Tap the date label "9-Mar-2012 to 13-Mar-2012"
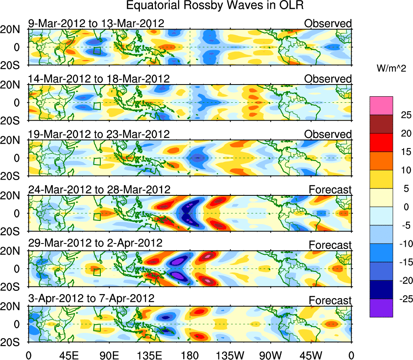pos(96,23)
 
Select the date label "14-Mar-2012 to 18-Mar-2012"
pos(99,78)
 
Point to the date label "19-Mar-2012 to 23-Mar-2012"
pos(99,134)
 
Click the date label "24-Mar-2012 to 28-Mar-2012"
pos(99,189)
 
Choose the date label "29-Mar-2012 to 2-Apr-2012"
pos(95,244)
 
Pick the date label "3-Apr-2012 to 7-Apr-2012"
pos(91,299)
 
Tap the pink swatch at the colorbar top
pos(381,106)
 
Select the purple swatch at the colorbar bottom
pos(381,308)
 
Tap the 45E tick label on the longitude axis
pos(69,355)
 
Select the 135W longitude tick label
pos(231,355)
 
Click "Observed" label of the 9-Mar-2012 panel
pos(328,23)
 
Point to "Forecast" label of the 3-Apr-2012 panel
pos(330,301)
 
